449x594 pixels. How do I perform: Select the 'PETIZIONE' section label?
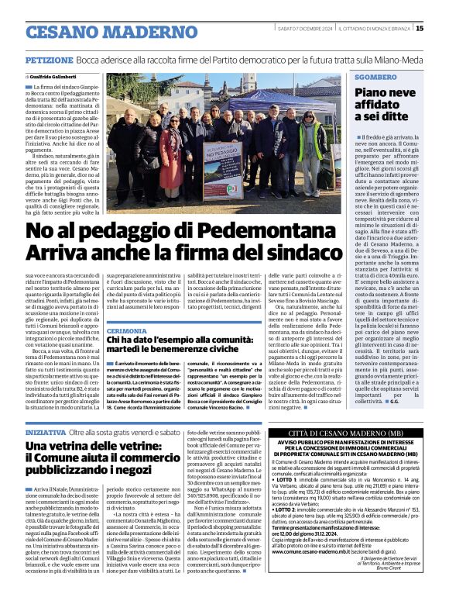tap(49, 60)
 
